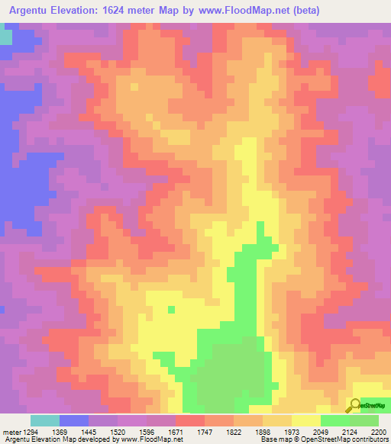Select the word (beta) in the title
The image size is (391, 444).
302,10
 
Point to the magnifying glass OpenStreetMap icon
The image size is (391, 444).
353,405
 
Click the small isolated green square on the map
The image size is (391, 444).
171,309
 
